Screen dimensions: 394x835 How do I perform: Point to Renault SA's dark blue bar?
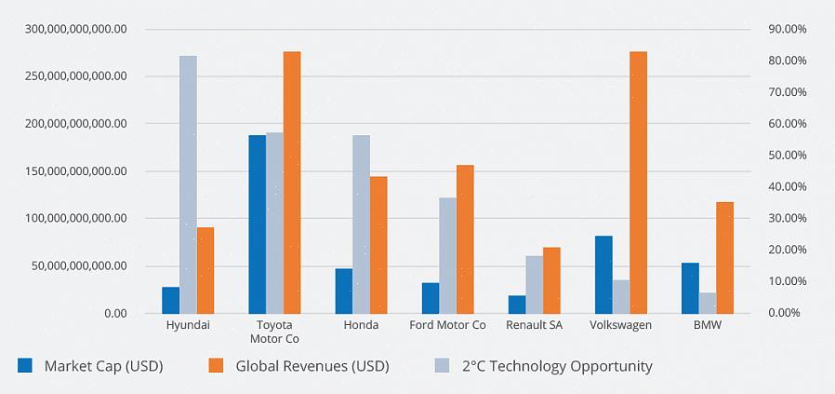pyautogui.click(x=516, y=304)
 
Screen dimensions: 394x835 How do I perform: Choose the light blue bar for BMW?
pyautogui.click(x=708, y=303)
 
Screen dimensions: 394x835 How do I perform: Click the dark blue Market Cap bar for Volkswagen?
pyautogui.click(x=603, y=274)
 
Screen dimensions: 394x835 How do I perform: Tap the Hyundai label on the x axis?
pyautogui.click(x=188, y=325)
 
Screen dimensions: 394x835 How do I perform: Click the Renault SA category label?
pyautogui.click(x=534, y=325)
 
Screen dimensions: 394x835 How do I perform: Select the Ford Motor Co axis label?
pyautogui.click(x=447, y=325)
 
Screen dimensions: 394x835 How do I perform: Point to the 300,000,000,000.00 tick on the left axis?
pyautogui.click(x=76, y=29)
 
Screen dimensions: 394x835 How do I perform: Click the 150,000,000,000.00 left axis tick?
pyautogui.click(x=76, y=171)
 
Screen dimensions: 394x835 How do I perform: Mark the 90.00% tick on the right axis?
pyautogui.click(x=787, y=29)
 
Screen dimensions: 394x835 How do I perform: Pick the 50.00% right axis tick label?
pyautogui.click(x=787, y=155)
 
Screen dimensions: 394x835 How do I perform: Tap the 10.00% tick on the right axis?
pyautogui.click(x=787, y=281)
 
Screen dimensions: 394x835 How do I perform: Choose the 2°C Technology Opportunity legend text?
pyautogui.click(x=557, y=366)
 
